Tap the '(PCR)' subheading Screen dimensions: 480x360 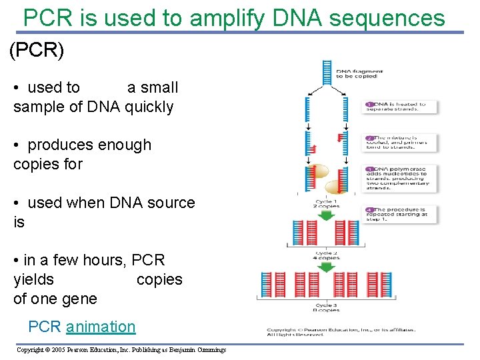click(37, 51)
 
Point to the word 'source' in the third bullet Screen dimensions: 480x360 click(171, 203)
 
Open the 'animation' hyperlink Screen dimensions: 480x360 click(101, 327)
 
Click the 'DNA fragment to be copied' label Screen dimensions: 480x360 click(357, 73)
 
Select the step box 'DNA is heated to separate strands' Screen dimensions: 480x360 click(401, 107)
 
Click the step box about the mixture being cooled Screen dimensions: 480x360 click(401, 141)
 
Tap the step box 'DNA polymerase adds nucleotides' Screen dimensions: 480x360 click(401, 177)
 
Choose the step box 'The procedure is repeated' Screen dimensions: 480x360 click(401, 214)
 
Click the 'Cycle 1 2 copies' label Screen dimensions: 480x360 click(327, 204)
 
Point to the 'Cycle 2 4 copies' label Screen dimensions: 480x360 click(327, 255)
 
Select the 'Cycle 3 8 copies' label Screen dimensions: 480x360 click(327, 307)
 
